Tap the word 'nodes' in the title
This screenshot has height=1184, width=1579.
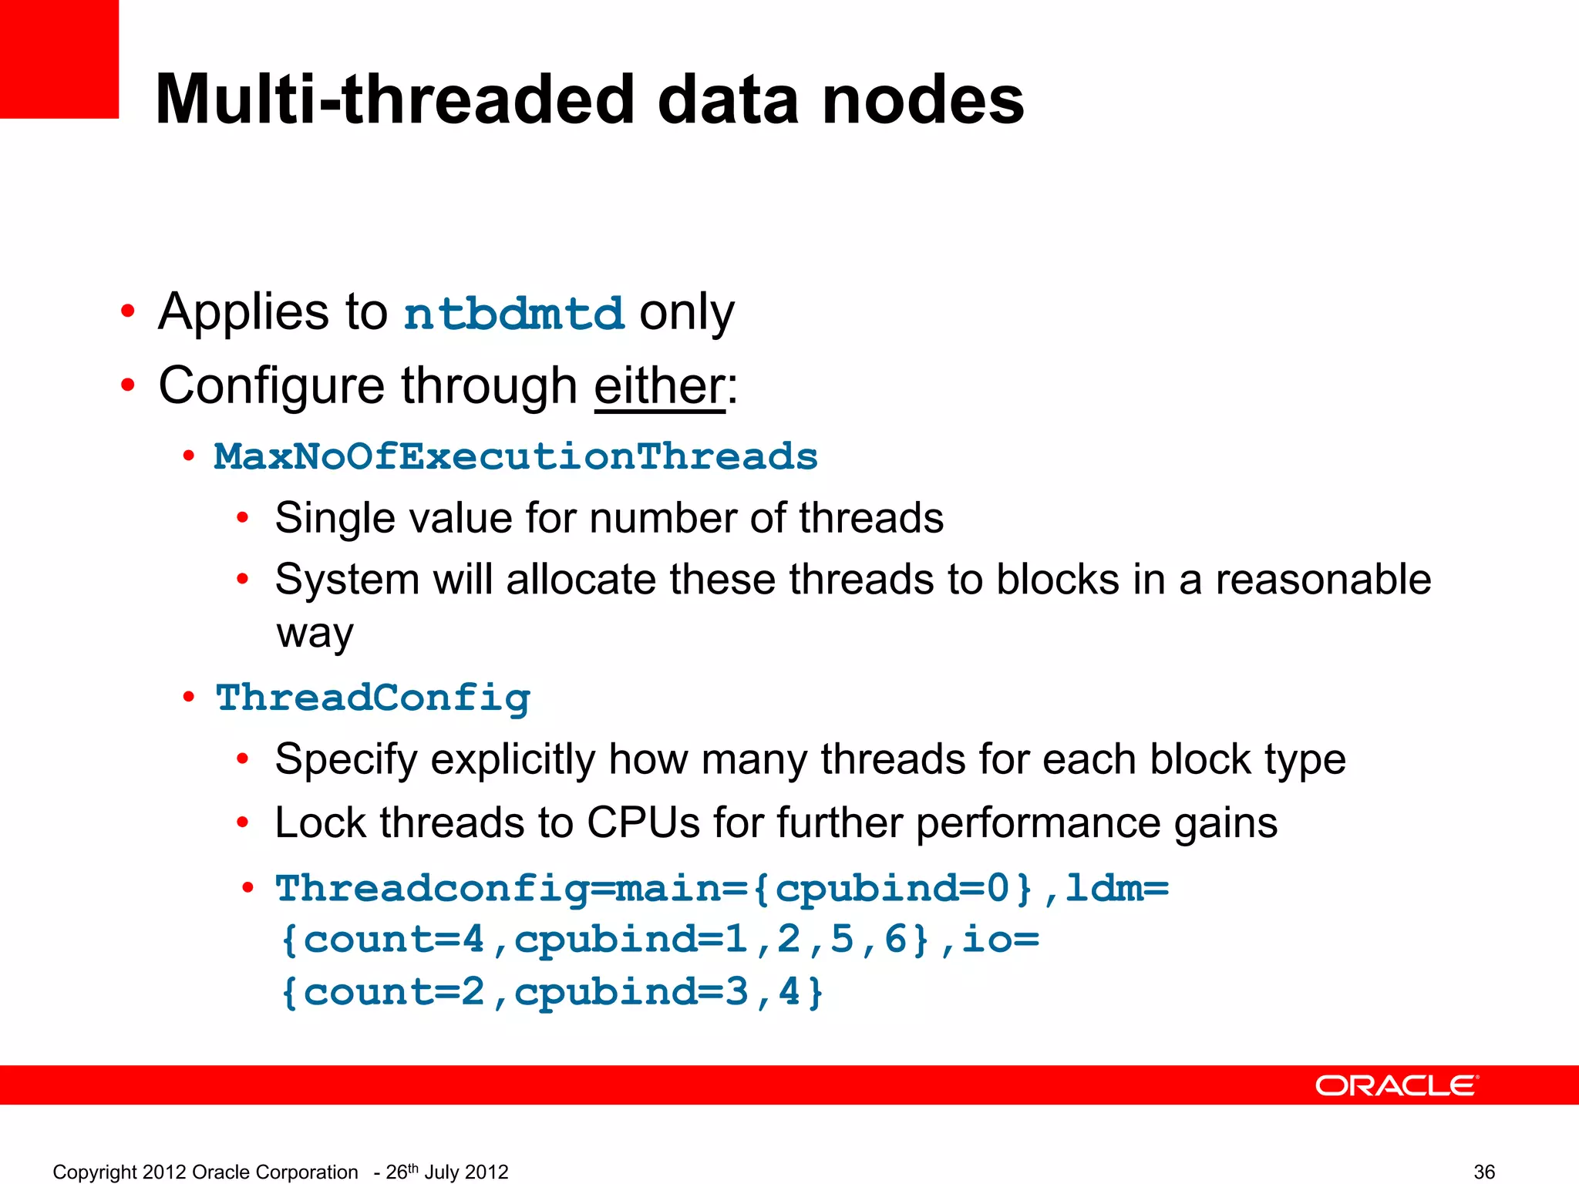click(x=923, y=100)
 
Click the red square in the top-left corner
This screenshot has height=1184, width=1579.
click(x=59, y=59)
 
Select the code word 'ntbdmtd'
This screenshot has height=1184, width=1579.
click(x=513, y=314)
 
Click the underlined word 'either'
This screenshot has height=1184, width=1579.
click(x=659, y=385)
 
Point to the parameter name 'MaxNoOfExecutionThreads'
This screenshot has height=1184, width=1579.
click(x=515, y=456)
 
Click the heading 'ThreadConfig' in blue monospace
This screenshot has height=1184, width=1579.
click(x=373, y=698)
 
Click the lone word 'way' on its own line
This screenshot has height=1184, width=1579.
click(x=315, y=634)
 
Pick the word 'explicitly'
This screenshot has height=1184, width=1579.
click(x=512, y=760)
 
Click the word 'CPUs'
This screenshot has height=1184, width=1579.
click(x=643, y=822)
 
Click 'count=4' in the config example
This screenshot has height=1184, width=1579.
click(x=393, y=940)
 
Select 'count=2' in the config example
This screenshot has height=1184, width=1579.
click(x=393, y=992)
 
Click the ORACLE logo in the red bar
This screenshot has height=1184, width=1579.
click(x=1396, y=1085)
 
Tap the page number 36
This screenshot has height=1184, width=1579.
click(x=1484, y=1172)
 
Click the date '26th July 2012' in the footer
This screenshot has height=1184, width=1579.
click(x=446, y=1172)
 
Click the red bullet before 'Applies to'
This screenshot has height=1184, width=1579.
click(x=128, y=312)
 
